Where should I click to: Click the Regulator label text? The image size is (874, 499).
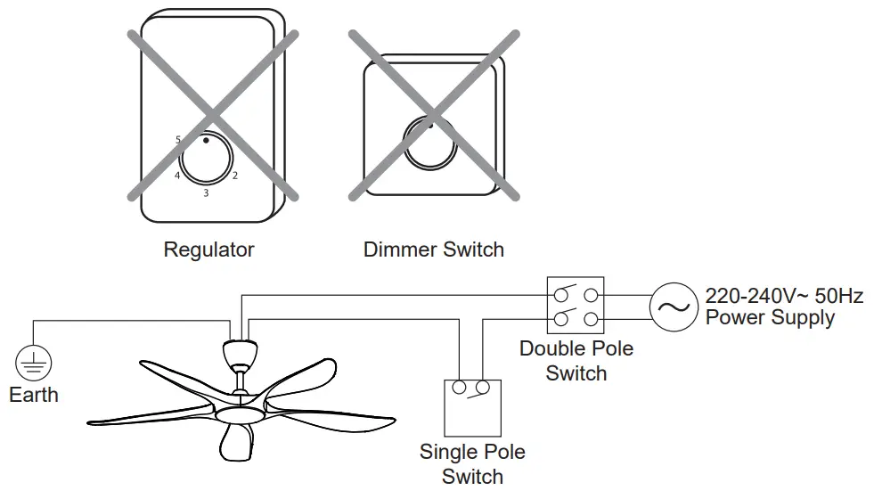[208, 250]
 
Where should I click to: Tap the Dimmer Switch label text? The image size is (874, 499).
[433, 250]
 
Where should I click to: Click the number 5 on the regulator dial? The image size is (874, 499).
[178, 140]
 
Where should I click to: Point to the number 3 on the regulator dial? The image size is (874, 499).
[206, 192]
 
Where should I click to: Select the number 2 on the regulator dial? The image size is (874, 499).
[234, 176]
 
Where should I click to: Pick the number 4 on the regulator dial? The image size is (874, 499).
[177, 176]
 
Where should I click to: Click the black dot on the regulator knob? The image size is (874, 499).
[206, 141]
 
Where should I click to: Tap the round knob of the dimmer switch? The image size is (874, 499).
[432, 143]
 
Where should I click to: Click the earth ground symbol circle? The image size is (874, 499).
[34, 364]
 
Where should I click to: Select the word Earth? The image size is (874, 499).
[34, 395]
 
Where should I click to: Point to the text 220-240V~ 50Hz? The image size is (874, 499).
[784, 296]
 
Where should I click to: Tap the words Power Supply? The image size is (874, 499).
[770, 317]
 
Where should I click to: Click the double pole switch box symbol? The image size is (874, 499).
[576, 306]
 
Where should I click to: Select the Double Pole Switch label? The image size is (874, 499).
[576, 360]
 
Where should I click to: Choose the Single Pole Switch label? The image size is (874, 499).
[472, 464]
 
